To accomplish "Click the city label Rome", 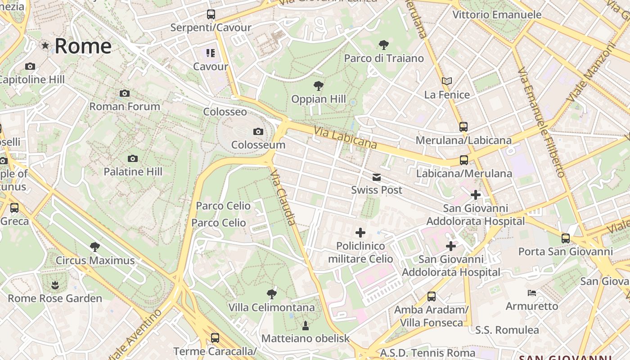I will tap(83, 46).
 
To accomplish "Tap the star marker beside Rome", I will tap(45, 45).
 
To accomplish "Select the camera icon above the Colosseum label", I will tap(258, 131).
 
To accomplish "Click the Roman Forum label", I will tap(125, 107).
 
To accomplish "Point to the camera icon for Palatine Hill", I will tap(132, 158).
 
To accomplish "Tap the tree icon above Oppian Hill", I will tap(319, 85).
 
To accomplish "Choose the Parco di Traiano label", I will tap(384, 58).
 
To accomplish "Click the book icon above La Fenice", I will tap(446, 81).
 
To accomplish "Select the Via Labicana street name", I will tap(345, 138).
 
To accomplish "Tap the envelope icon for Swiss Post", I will tap(377, 177).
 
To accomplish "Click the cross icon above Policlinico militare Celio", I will tap(360, 233).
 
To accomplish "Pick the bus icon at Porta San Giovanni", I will tap(565, 238).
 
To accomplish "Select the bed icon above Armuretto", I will tap(532, 293).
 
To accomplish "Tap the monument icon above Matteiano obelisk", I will tap(306, 325).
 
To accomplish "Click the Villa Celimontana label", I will tap(271, 308).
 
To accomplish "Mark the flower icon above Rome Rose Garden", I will tap(55, 285).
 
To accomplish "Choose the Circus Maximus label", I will tap(95, 261).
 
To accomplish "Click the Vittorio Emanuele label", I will tap(497, 15).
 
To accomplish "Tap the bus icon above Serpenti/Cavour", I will tap(211, 14).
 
